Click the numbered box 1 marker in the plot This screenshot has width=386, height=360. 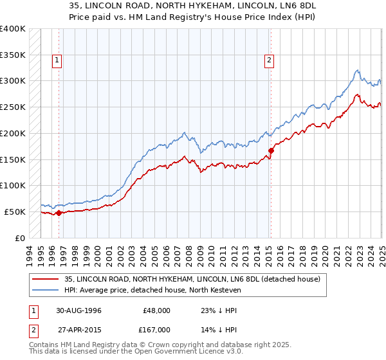pyautogui.click(x=57, y=61)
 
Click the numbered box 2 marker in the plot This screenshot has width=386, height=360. pyautogui.click(x=268, y=61)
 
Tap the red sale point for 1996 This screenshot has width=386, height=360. pyautogui.click(x=59, y=213)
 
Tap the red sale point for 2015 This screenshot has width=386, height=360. pyautogui.click(x=271, y=150)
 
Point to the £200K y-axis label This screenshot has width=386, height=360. pyautogui.click(x=13, y=133)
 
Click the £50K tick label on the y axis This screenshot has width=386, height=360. pyautogui.click(x=15, y=212)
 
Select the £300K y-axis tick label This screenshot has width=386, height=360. pyautogui.click(x=13, y=81)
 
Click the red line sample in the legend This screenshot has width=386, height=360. pyautogui.click(x=44, y=279)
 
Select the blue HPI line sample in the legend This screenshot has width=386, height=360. pyautogui.click(x=44, y=290)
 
